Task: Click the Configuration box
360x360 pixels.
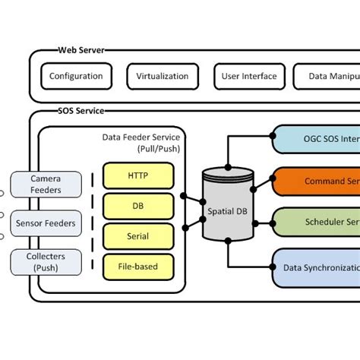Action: [x=76, y=77]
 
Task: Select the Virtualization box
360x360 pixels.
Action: [x=162, y=77]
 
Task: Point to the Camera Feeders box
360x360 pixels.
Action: [x=46, y=184]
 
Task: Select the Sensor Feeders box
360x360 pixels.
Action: [x=46, y=223]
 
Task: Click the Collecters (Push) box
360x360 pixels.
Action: [x=46, y=262]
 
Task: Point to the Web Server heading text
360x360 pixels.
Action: [x=81, y=51]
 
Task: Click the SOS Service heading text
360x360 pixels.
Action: [x=81, y=111]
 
